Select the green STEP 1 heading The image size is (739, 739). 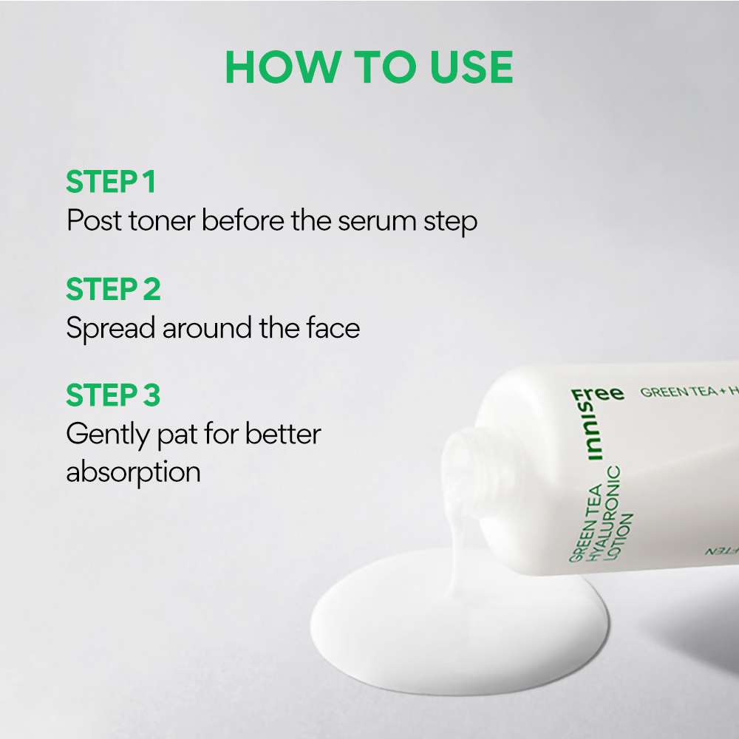tap(111, 183)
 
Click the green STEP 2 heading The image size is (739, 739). tap(113, 289)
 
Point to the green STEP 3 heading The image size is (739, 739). tap(113, 395)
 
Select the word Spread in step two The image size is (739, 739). tap(111, 329)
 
